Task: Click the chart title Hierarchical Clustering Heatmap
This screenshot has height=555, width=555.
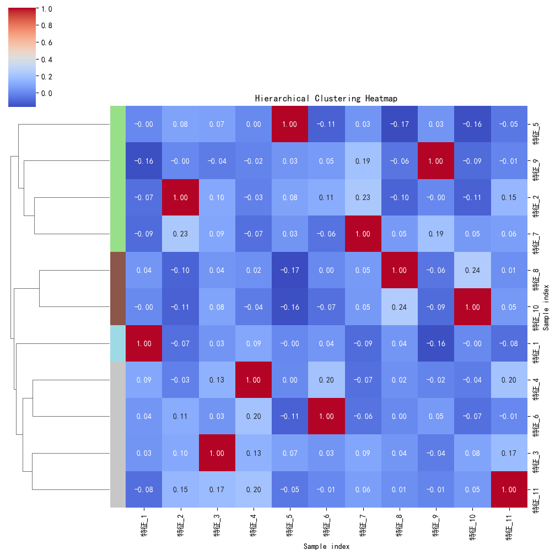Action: click(x=326, y=99)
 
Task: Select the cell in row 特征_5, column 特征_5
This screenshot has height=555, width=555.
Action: click(x=290, y=124)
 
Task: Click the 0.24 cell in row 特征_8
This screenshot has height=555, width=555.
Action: click(x=473, y=270)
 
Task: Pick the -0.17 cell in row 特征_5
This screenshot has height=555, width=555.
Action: click(x=399, y=124)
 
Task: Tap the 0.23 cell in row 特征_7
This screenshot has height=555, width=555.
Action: click(x=180, y=234)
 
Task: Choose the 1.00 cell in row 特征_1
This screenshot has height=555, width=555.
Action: click(x=144, y=343)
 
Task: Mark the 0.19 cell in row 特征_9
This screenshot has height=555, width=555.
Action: click(x=363, y=160)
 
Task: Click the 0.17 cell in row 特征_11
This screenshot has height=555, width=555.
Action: click(x=217, y=489)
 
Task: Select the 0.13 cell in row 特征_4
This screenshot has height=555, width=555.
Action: click(x=217, y=380)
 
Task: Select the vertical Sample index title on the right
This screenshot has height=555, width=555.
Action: click(x=546, y=307)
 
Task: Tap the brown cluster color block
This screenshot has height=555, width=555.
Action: click(x=117, y=288)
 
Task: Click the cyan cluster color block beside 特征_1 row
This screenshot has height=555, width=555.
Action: click(x=117, y=343)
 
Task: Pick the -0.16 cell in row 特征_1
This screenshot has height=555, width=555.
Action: click(x=436, y=343)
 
